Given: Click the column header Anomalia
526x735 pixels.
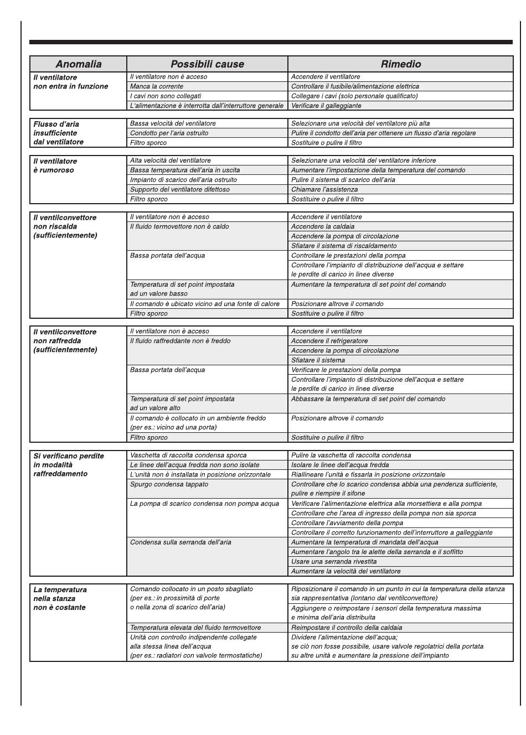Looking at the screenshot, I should pyautogui.click(x=78, y=64).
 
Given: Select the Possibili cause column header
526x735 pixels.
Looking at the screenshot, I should pyautogui.click(x=207, y=64).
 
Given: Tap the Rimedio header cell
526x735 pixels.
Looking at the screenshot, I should pyautogui.click(x=400, y=64).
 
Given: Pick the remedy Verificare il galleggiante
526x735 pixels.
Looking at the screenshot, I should pyautogui.click(x=326, y=106).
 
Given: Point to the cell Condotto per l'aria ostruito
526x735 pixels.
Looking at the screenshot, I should pyautogui.click(x=169, y=133).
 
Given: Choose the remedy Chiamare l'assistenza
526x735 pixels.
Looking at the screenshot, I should pyautogui.click(x=324, y=189).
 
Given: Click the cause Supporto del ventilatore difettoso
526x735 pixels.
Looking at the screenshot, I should pyautogui.click(x=180, y=189).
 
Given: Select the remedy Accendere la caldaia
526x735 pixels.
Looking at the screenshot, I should pyautogui.click(x=323, y=226).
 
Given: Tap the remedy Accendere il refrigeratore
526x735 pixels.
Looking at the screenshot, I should pyautogui.click(x=329, y=341).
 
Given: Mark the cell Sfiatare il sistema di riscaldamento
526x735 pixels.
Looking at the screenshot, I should pyautogui.click(x=344, y=246).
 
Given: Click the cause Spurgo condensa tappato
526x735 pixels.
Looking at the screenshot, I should pyautogui.click(x=169, y=484).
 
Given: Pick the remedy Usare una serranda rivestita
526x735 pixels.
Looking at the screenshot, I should pyautogui.click(x=334, y=561).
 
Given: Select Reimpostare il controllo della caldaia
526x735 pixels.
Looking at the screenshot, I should pyautogui.click(x=347, y=628).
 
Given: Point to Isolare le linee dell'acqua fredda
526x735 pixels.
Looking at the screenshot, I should pyautogui.click(x=340, y=465).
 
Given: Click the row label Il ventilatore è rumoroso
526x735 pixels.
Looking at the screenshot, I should pyautogui.click(x=55, y=165).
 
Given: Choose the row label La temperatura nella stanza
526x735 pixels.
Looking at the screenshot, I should pyautogui.click(x=60, y=598).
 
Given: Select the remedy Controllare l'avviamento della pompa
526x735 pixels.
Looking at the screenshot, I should pyautogui.click(x=347, y=523).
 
